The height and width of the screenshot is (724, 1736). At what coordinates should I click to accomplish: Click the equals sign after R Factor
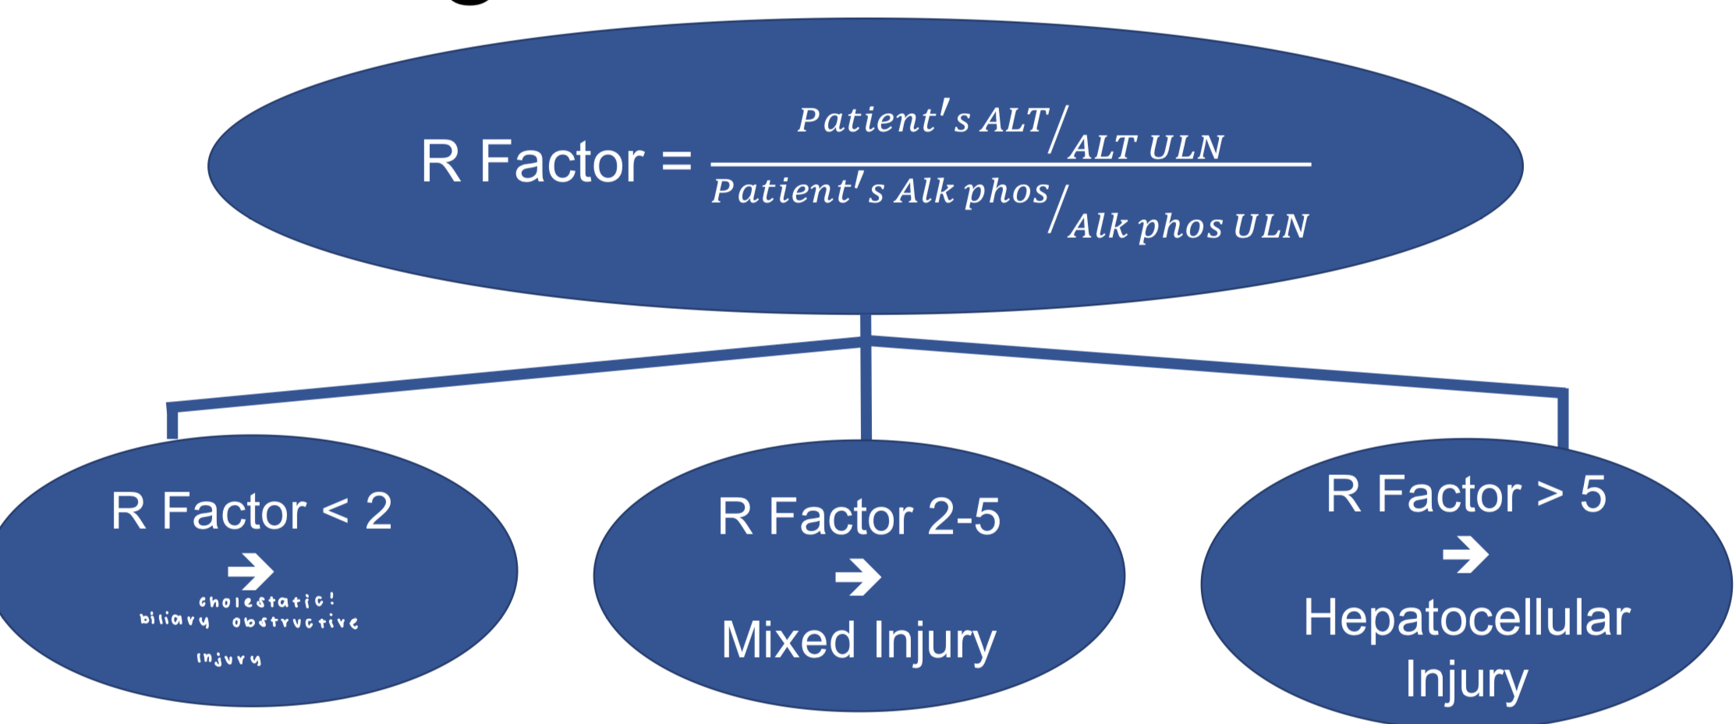click(x=676, y=161)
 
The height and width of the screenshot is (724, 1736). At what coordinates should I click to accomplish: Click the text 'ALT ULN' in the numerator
click(x=1146, y=147)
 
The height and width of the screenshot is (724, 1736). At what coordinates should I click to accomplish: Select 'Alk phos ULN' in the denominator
click(x=1189, y=226)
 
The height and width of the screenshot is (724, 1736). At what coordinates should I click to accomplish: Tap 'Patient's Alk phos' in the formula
click(x=880, y=191)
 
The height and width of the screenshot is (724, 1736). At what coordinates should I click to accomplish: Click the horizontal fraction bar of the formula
click(x=1011, y=165)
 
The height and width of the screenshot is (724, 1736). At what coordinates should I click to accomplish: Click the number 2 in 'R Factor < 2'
click(x=379, y=512)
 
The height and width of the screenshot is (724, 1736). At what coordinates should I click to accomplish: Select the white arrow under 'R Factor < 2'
click(x=250, y=571)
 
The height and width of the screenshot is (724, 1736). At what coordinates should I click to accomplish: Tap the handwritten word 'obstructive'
click(x=296, y=623)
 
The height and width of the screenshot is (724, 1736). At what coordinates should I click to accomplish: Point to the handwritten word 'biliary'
click(x=175, y=620)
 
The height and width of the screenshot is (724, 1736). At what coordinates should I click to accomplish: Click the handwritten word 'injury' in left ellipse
click(x=229, y=659)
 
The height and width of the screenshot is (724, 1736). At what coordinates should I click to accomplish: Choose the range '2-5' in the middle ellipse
click(x=964, y=516)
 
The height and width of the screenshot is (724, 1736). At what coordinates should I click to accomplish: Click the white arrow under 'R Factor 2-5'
click(x=858, y=577)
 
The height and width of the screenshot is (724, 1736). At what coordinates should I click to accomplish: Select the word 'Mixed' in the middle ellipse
click(x=788, y=640)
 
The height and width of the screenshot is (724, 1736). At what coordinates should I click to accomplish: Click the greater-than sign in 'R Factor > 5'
click(x=1550, y=495)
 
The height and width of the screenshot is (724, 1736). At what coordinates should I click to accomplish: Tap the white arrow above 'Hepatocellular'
click(x=1465, y=555)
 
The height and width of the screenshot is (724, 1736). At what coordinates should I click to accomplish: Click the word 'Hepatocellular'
click(x=1467, y=618)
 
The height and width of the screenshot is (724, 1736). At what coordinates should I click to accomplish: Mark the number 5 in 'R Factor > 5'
click(x=1593, y=495)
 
